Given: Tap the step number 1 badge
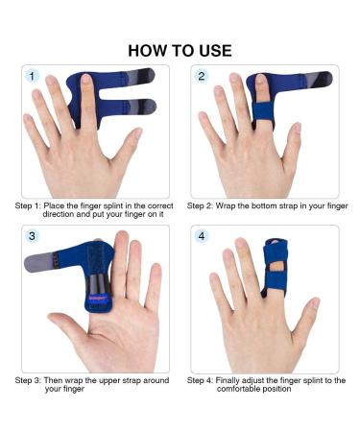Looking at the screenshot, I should point(33,76).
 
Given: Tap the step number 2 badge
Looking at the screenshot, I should point(202,76).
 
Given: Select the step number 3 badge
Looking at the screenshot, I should point(33,235).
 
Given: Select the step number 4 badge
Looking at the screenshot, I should point(202,235).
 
